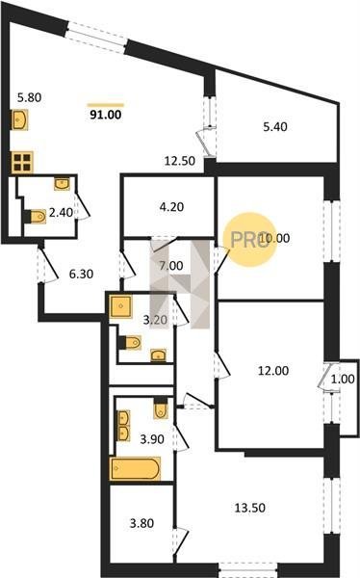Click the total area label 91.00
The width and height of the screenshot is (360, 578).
pyautogui.click(x=105, y=115)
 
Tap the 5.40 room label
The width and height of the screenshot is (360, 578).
pyautogui.click(x=275, y=127)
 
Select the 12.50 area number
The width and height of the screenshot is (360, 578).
pyautogui.click(x=180, y=161)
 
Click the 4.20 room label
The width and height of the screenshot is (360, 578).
pyautogui.click(x=171, y=207)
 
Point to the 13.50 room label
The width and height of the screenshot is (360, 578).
pyautogui.click(x=250, y=508)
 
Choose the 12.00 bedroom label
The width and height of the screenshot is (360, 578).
pyautogui.click(x=273, y=371)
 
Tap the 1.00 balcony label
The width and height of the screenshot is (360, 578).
pyautogui.click(x=343, y=379)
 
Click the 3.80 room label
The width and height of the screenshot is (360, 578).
pyautogui.click(x=141, y=523)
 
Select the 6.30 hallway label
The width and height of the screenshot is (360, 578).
pyautogui.click(x=82, y=274)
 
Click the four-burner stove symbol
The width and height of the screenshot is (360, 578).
pyautogui.click(x=22, y=162)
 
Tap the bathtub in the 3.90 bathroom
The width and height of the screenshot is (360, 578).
pyautogui.click(x=135, y=468)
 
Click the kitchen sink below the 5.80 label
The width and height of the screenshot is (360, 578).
pyautogui.click(x=20, y=119)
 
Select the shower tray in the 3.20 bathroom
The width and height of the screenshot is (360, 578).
pyautogui.click(x=120, y=306)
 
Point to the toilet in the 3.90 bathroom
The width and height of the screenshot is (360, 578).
pyautogui.click(x=161, y=407)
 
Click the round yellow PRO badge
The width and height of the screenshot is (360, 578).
pyautogui.click(x=250, y=240)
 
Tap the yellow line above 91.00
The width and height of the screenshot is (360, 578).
pyautogui.click(x=106, y=105)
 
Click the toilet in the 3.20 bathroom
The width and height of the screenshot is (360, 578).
pyautogui.click(x=130, y=342)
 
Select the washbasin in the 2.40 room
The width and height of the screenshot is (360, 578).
pyautogui.click(x=62, y=184)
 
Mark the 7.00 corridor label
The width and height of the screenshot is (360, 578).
pyautogui.click(x=171, y=266)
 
